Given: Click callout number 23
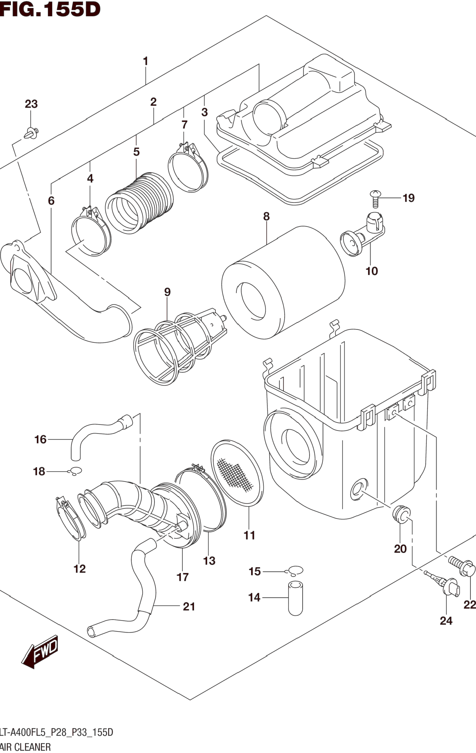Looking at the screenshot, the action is [x=31, y=104].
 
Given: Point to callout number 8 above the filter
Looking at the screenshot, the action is [x=266, y=216].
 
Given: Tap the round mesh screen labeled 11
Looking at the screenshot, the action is [x=237, y=473].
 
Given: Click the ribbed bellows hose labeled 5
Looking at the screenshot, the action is [x=139, y=203].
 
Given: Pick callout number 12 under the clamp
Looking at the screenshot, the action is [x=79, y=569].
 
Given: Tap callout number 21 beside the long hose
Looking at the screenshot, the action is [x=189, y=606].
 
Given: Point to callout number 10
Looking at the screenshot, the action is [x=372, y=271].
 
